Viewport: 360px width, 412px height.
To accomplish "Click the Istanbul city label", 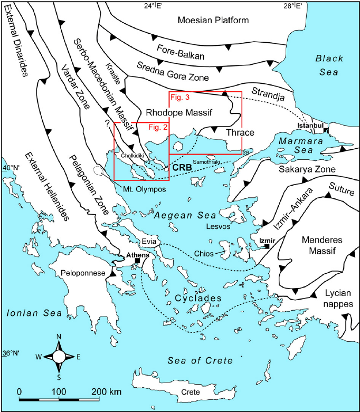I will tap(310, 126).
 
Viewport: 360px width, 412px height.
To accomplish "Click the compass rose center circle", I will tap(59, 357).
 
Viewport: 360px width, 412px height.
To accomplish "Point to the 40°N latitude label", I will tap(11, 168).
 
